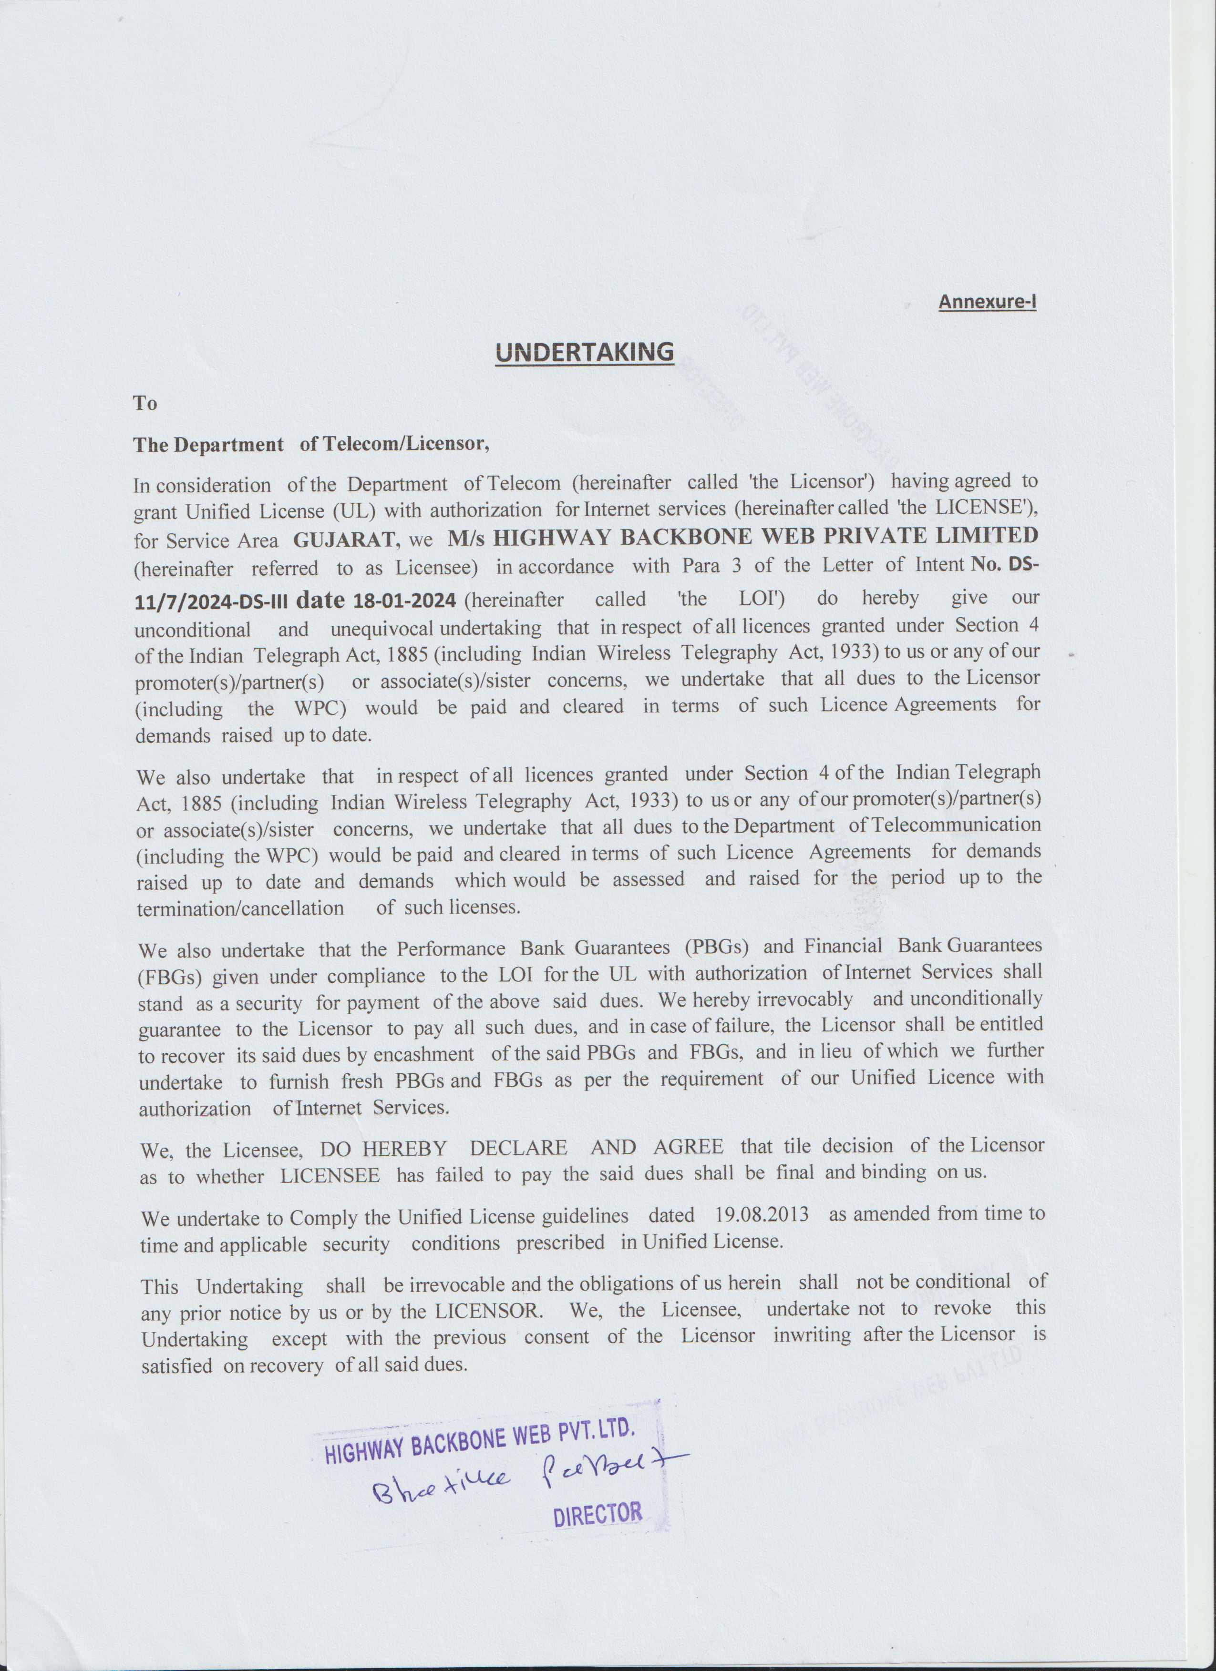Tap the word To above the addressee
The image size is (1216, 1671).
tap(145, 403)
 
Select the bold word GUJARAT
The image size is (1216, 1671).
tap(346, 540)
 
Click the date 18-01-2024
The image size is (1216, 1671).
tap(404, 601)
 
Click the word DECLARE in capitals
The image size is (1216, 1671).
tap(518, 1148)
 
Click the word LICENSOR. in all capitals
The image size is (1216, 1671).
tap(489, 1312)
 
